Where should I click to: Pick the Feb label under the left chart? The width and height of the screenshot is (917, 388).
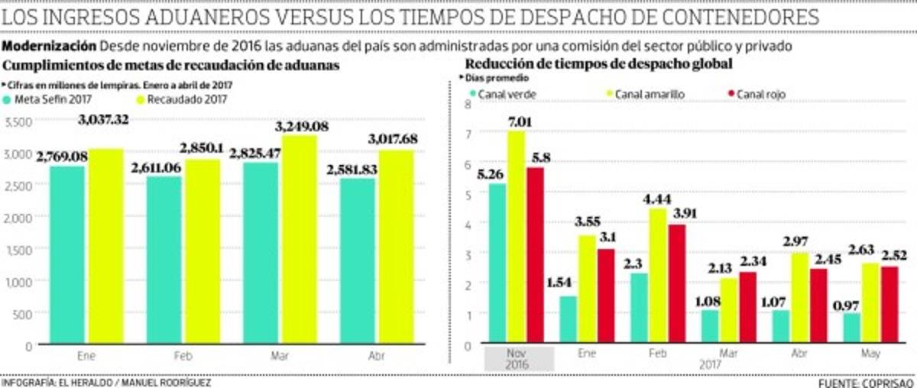pyautogui.click(x=183, y=356)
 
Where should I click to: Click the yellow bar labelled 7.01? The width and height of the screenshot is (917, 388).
pyautogui.click(x=517, y=237)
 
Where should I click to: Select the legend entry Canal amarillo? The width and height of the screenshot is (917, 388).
pyautogui.click(x=649, y=94)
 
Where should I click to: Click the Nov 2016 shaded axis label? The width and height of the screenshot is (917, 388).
pyautogui.click(x=517, y=359)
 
